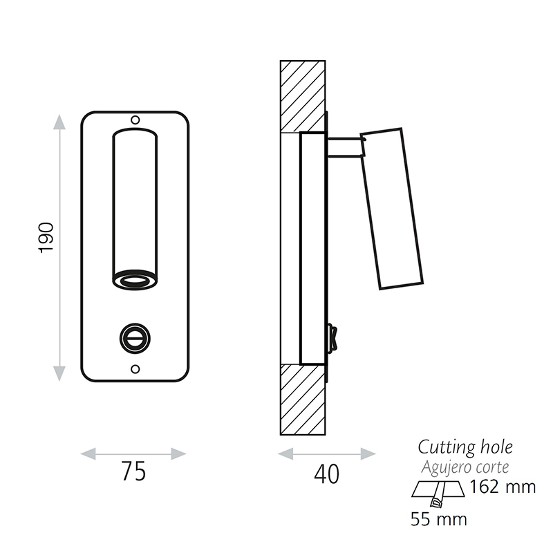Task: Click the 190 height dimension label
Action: tap(46, 237)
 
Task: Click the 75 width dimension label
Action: tap(133, 471)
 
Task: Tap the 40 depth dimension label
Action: tap(326, 474)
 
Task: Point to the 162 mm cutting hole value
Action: tap(503, 487)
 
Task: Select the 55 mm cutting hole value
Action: tap(439, 519)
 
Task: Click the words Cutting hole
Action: tap(465, 448)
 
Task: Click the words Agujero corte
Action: tap(465, 467)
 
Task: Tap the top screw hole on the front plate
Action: tap(135, 120)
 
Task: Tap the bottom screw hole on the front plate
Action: tap(135, 369)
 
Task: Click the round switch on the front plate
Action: tap(135, 339)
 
